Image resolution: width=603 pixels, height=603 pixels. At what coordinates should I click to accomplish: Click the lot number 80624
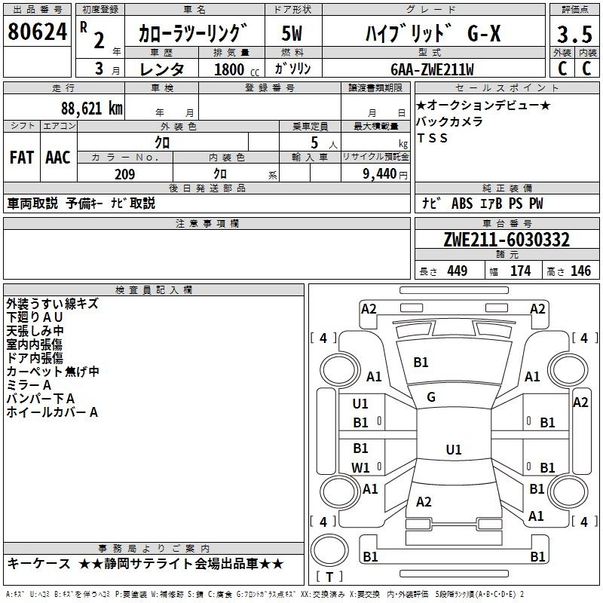click(x=37, y=32)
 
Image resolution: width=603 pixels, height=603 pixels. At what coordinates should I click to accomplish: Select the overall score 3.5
click(x=574, y=34)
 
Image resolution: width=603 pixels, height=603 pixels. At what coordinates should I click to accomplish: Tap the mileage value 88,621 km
click(x=92, y=109)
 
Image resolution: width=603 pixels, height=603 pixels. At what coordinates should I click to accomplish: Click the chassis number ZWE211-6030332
click(x=507, y=240)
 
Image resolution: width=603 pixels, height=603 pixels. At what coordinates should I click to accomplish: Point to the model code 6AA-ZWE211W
click(x=432, y=69)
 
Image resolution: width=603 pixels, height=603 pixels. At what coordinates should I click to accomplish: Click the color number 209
click(x=125, y=174)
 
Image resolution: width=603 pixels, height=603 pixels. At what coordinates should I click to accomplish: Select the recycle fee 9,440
click(x=380, y=174)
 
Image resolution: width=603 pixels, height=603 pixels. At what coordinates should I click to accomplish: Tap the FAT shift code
click(x=22, y=158)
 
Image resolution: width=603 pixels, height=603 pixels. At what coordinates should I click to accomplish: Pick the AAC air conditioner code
click(x=58, y=158)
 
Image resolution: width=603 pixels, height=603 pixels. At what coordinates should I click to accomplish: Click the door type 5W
click(x=292, y=33)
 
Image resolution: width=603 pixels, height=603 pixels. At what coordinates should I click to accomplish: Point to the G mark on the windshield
click(x=431, y=397)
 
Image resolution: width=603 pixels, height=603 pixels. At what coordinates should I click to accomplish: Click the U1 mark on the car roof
click(x=454, y=449)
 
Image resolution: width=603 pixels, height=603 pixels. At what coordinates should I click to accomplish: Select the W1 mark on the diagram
click(x=360, y=467)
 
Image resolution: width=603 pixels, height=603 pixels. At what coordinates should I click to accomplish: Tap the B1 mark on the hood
click(x=421, y=363)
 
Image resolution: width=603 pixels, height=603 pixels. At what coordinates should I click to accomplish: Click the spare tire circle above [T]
click(x=329, y=550)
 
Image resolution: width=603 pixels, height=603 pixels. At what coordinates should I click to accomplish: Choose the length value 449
click(x=458, y=271)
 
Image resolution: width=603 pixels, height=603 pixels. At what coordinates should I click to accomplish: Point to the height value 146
click(x=580, y=271)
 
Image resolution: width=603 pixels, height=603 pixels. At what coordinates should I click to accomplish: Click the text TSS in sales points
click(x=432, y=138)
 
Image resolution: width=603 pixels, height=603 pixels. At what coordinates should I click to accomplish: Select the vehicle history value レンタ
click(x=162, y=69)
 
